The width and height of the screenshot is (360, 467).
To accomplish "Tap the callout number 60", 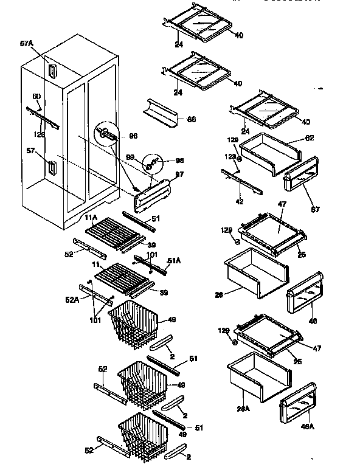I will point(36,96).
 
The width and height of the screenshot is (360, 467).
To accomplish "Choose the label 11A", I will point(91,218).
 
